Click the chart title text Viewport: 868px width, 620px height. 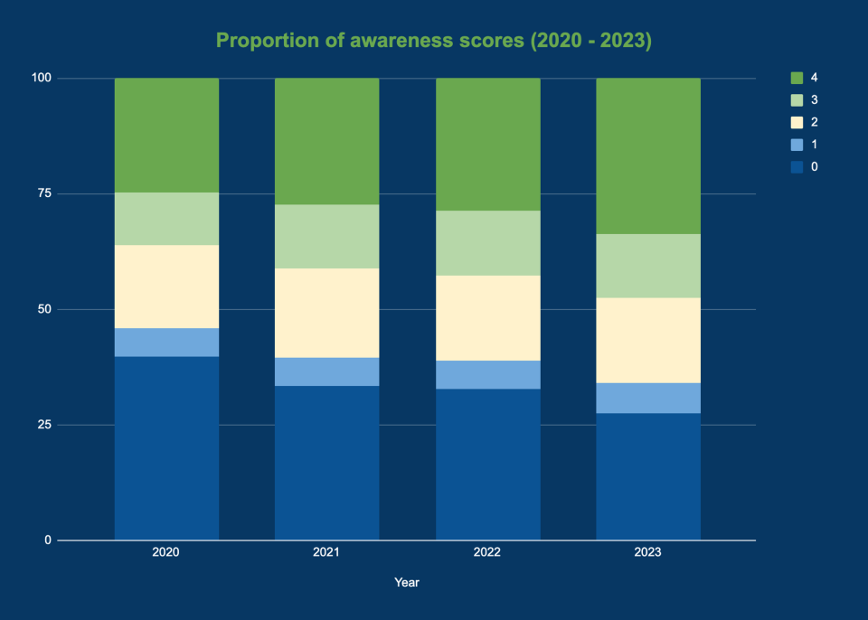[x=434, y=42]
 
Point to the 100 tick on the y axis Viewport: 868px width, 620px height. [x=41, y=78]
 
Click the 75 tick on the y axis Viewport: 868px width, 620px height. [x=43, y=193]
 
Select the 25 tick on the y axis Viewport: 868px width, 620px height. [x=43, y=425]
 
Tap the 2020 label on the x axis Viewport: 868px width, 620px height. [x=166, y=551]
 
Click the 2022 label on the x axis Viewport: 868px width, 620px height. [x=487, y=551]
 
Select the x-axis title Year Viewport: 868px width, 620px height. [x=407, y=583]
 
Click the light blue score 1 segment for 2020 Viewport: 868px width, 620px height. [x=166, y=343]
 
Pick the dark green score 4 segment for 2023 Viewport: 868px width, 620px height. [x=648, y=155]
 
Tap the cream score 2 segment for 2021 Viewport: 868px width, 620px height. [x=326, y=313]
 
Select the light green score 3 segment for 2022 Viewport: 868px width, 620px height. [x=487, y=243]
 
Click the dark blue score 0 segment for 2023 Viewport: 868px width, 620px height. [x=648, y=476]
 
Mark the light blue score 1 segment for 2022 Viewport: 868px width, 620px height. [x=487, y=374]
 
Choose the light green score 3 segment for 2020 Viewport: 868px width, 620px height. [x=166, y=219]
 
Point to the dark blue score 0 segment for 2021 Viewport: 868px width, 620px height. [x=326, y=463]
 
